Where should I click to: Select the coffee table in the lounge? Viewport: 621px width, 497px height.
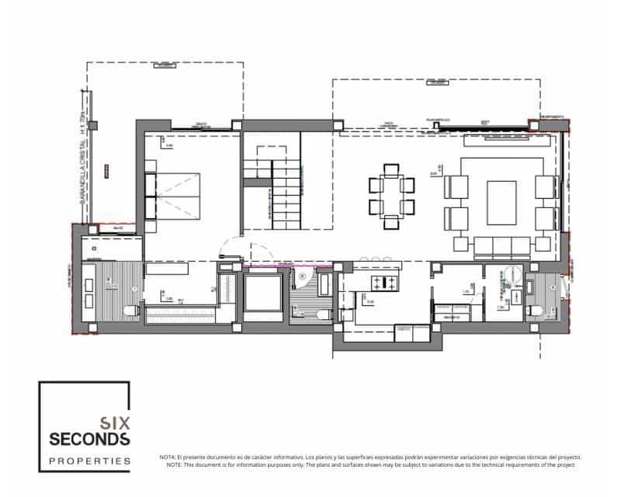tap(501, 202)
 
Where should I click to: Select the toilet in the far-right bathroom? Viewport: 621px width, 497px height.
tap(535, 310)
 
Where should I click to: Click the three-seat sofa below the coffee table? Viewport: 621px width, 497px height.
tap(501, 246)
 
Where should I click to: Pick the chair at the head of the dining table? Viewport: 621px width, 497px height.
tap(391, 170)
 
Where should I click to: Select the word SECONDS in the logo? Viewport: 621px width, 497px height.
tap(89, 440)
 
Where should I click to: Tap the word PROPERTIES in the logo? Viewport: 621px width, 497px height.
tap(89, 461)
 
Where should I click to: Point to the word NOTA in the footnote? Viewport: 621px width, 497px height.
tap(168, 457)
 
